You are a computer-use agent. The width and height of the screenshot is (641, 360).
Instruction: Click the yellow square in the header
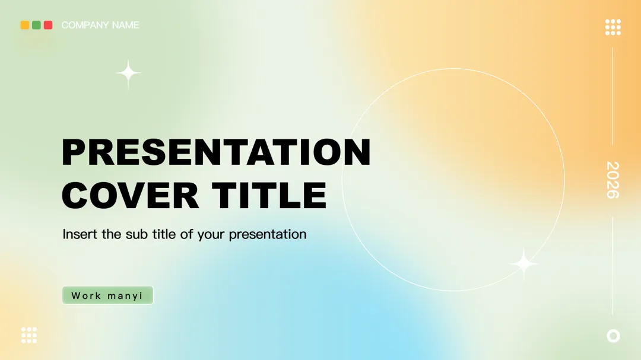(25, 25)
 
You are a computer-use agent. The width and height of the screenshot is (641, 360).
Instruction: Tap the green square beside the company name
(36, 25)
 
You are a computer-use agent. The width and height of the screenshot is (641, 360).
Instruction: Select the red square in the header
(48, 25)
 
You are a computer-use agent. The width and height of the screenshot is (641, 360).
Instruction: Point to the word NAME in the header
(125, 25)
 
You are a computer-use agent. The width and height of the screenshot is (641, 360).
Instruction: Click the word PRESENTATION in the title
(216, 152)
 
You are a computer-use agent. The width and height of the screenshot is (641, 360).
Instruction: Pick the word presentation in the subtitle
(267, 234)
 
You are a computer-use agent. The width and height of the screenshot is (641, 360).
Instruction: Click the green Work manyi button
(107, 295)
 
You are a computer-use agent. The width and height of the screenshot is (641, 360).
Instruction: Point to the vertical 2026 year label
(613, 180)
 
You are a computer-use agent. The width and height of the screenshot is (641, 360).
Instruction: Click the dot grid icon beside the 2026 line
(613, 27)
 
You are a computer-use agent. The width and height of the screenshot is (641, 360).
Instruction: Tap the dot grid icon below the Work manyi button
(29, 335)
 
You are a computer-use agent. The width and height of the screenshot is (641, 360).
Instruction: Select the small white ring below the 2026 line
(613, 336)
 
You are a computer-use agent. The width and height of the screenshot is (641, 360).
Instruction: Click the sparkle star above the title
(128, 74)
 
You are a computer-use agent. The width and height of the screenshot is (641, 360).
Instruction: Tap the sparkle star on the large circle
(523, 264)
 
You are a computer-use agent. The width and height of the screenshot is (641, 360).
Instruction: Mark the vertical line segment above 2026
(613, 96)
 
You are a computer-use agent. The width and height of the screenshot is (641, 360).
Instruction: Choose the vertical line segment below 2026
(613, 266)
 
